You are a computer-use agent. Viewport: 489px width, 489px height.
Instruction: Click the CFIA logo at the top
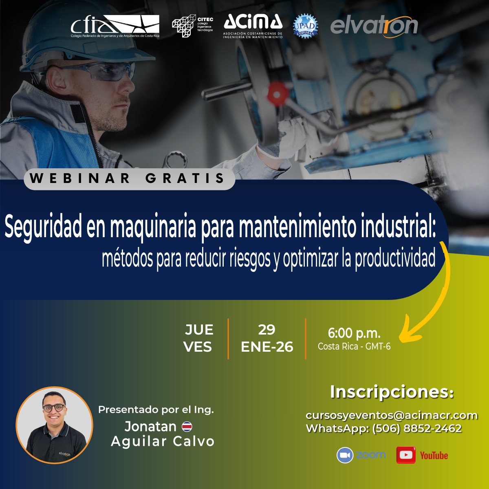[x=115, y=26]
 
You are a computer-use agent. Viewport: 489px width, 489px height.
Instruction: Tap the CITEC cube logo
[x=192, y=26]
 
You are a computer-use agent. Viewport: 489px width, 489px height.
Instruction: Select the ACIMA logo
[x=253, y=26]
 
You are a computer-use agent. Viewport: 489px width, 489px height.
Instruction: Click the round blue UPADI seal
[x=305, y=26]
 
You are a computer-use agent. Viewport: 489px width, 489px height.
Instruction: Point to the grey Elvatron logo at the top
[x=374, y=26]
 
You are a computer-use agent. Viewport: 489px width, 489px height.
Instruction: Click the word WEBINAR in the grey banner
[x=80, y=178]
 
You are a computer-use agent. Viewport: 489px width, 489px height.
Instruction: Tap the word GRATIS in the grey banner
[x=185, y=178]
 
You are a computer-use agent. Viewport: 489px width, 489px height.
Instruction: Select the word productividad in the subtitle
[x=395, y=259]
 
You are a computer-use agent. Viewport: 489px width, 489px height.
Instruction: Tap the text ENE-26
[x=267, y=347]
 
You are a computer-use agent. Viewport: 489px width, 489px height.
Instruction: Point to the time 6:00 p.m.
[x=354, y=333]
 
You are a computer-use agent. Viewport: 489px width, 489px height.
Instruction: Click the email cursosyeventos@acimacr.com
[x=392, y=415]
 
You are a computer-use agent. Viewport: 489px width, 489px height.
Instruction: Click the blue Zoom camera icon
[x=345, y=455]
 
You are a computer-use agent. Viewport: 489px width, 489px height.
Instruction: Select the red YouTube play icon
[x=406, y=455]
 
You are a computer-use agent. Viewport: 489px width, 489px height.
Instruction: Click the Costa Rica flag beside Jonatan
[x=187, y=427]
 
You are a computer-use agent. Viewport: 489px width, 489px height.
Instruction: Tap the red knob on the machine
[x=277, y=94]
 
